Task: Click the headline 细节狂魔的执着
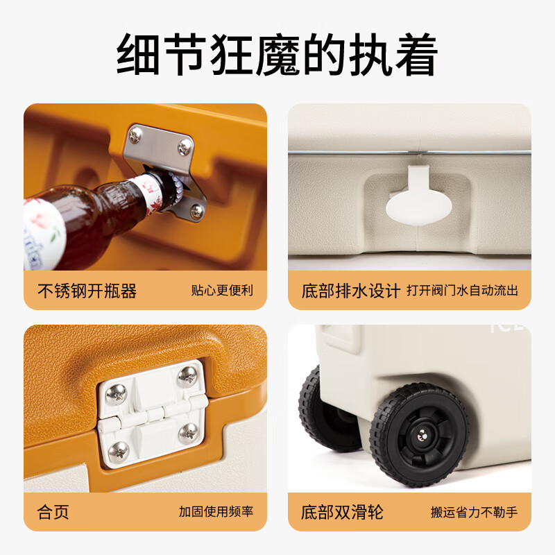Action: [x=277, y=54]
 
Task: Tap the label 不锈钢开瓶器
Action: [x=87, y=291]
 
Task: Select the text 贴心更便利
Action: [x=222, y=290]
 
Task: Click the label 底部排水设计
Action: [x=351, y=291]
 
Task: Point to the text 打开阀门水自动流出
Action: [x=462, y=290]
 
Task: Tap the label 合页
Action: [x=53, y=512]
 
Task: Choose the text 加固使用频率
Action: [x=216, y=511]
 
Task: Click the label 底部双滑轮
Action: [x=342, y=512]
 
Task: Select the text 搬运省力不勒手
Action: [x=474, y=512]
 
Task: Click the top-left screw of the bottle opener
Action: [x=135, y=135]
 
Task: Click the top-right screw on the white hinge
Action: [x=187, y=376]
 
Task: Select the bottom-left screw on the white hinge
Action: [x=118, y=452]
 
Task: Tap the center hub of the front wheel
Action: [x=422, y=436]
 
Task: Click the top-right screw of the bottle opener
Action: [x=185, y=147]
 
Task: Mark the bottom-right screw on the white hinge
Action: [x=188, y=432]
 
